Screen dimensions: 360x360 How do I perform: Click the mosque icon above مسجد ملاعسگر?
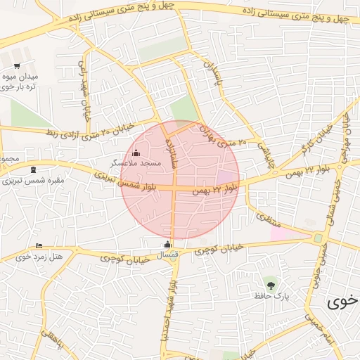tap(136, 153)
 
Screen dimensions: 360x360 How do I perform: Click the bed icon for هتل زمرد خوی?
tap(39, 245)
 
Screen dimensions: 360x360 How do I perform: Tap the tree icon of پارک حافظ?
tap(270, 285)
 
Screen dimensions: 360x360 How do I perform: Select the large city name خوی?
tap(342, 302)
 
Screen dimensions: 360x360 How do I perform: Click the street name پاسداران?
tap(212, 75)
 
